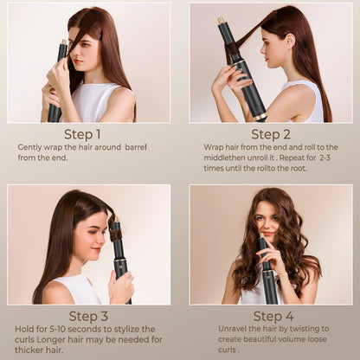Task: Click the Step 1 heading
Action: point(82,134)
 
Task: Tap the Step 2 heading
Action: point(271,134)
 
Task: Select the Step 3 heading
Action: point(89,316)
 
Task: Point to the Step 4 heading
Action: point(272,316)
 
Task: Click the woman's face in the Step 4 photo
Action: point(267,223)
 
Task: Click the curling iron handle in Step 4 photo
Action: point(269,286)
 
